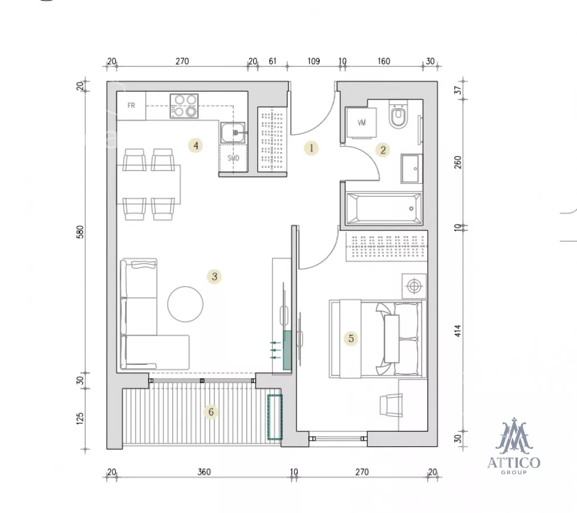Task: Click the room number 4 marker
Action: pyautogui.click(x=196, y=146)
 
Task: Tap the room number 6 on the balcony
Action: pyautogui.click(x=211, y=412)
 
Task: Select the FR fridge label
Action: pyautogui.click(x=131, y=105)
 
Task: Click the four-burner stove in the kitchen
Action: pyautogui.click(x=184, y=106)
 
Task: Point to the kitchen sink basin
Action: pyautogui.click(x=233, y=132)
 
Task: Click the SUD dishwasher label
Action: pyautogui.click(x=233, y=158)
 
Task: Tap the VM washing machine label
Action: pyautogui.click(x=361, y=123)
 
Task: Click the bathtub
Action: pyautogui.click(x=384, y=208)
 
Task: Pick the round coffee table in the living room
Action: pyautogui.click(x=185, y=304)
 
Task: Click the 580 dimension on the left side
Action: pyautogui.click(x=80, y=232)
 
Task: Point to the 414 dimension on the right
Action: pyautogui.click(x=457, y=331)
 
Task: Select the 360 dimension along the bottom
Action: pyautogui.click(x=204, y=472)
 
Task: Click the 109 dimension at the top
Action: pyautogui.click(x=314, y=61)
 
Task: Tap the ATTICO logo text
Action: pyautogui.click(x=514, y=463)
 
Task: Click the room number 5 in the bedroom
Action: pyautogui.click(x=351, y=339)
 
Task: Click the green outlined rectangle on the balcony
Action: pyautogui.click(x=275, y=417)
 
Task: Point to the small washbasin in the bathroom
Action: pyautogui.click(x=411, y=169)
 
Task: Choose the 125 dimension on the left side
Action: pyautogui.click(x=80, y=418)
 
